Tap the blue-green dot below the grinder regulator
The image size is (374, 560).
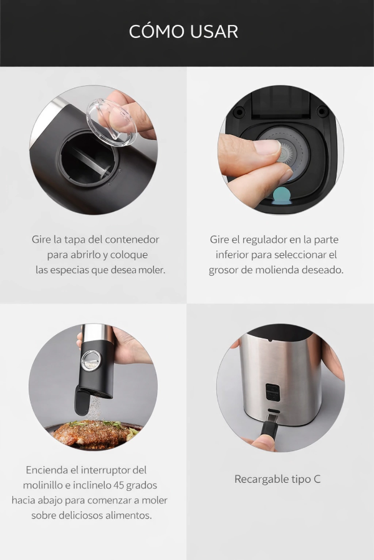tap(282, 196)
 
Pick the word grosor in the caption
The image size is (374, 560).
tap(225, 270)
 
